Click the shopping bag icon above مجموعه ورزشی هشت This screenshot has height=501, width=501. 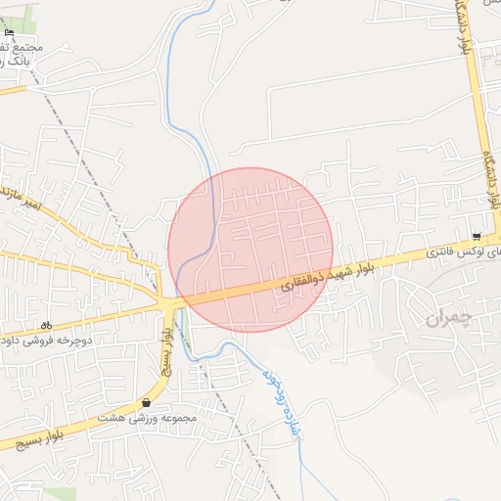click(147, 402)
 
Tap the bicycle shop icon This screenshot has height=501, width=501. click(46, 325)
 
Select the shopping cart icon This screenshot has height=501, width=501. click(477, 237)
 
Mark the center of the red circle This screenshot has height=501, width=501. click(250, 250)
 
